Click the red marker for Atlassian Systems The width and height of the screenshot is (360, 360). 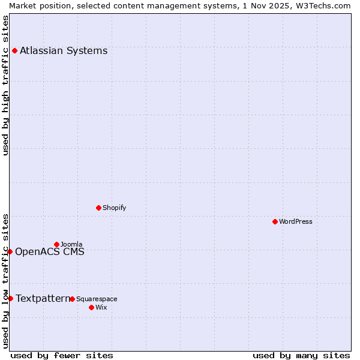pos(14,50)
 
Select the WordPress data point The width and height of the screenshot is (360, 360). pos(275,221)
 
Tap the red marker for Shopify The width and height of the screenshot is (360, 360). pos(98,208)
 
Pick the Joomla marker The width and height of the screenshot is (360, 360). pos(56,244)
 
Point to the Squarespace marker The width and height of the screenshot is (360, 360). pos(72,299)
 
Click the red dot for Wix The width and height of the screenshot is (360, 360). pos(91,307)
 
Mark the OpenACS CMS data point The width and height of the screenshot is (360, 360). pos(10,251)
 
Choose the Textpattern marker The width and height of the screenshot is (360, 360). pos(10,298)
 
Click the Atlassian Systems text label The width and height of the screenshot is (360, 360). pos(64,50)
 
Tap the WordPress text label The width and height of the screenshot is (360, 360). pos(296,221)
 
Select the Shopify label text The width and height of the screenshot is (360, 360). pos(115,208)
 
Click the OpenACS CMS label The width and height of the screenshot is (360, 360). pos(50,251)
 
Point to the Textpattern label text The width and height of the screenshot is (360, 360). pos(42,298)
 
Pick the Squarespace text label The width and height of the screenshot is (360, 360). pos(97,299)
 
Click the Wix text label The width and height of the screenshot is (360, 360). pos(101,307)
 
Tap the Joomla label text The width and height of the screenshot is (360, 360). pos(71,244)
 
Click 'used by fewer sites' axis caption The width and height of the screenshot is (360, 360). pos(62,355)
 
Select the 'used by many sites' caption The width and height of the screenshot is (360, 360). pos(301,355)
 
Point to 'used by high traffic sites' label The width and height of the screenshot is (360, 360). pos(5,85)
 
